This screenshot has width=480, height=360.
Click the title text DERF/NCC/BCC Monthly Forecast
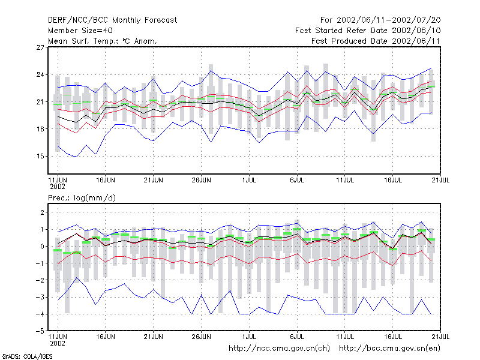coord(112,20)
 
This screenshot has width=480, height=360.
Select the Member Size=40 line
coord(80,31)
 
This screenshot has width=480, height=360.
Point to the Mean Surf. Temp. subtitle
coord(103,41)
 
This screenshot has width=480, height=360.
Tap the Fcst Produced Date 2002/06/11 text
coord(376,41)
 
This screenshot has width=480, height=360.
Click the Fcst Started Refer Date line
coord(368,31)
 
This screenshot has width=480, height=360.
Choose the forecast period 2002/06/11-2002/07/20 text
coord(380,20)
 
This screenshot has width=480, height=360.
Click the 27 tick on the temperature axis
coord(40,47)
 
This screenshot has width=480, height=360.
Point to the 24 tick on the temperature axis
coord(40,74)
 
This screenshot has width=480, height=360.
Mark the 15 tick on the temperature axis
coord(40,157)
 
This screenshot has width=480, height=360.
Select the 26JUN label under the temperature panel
coord(202,180)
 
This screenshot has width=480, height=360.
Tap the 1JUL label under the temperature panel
coord(249,180)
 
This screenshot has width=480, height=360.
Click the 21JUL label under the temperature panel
coord(440,180)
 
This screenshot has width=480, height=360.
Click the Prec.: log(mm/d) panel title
coord(82,198)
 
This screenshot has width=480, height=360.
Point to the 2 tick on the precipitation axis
coord(42,212)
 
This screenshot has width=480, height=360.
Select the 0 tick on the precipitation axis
coord(42,247)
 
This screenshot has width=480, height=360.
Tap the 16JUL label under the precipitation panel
coord(393,337)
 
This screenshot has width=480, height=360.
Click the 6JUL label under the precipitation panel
coord(297,337)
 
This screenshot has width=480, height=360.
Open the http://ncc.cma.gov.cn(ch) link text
coord(280,349)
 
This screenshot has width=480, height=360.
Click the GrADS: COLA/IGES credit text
coord(27,356)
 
